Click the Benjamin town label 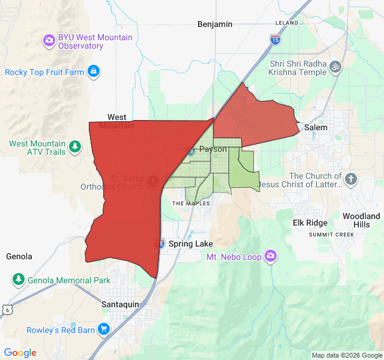pyautogui.click(x=215, y=24)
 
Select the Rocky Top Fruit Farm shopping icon pyautogui.click(x=93, y=72)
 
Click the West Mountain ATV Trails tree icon pyautogui.click(x=75, y=146)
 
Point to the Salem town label pyautogui.click(x=316, y=127)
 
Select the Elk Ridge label pyautogui.click(x=310, y=223)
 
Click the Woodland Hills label pyautogui.click(x=361, y=220)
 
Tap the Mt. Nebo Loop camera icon pyautogui.click(x=271, y=256)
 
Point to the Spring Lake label pyautogui.click(x=190, y=244)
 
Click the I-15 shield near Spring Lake pyautogui.click(x=160, y=243)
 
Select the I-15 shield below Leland pyautogui.click(x=275, y=40)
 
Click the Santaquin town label pyautogui.click(x=120, y=304)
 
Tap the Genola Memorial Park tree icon pyautogui.click(x=19, y=280)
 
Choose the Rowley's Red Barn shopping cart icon pyautogui.click(x=104, y=329)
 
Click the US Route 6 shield pyautogui.click(x=7, y=308)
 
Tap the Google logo pyautogui.click(x=20, y=352)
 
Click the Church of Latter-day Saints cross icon pyautogui.click(x=351, y=179)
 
